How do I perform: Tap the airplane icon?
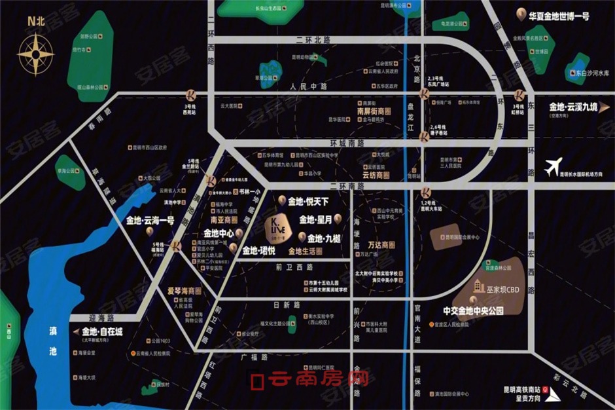click(553, 166)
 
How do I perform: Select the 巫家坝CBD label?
click(504, 289)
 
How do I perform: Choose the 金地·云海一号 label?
click(150, 221)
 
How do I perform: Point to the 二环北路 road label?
click(313, 40)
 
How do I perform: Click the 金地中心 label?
click(218, 233)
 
